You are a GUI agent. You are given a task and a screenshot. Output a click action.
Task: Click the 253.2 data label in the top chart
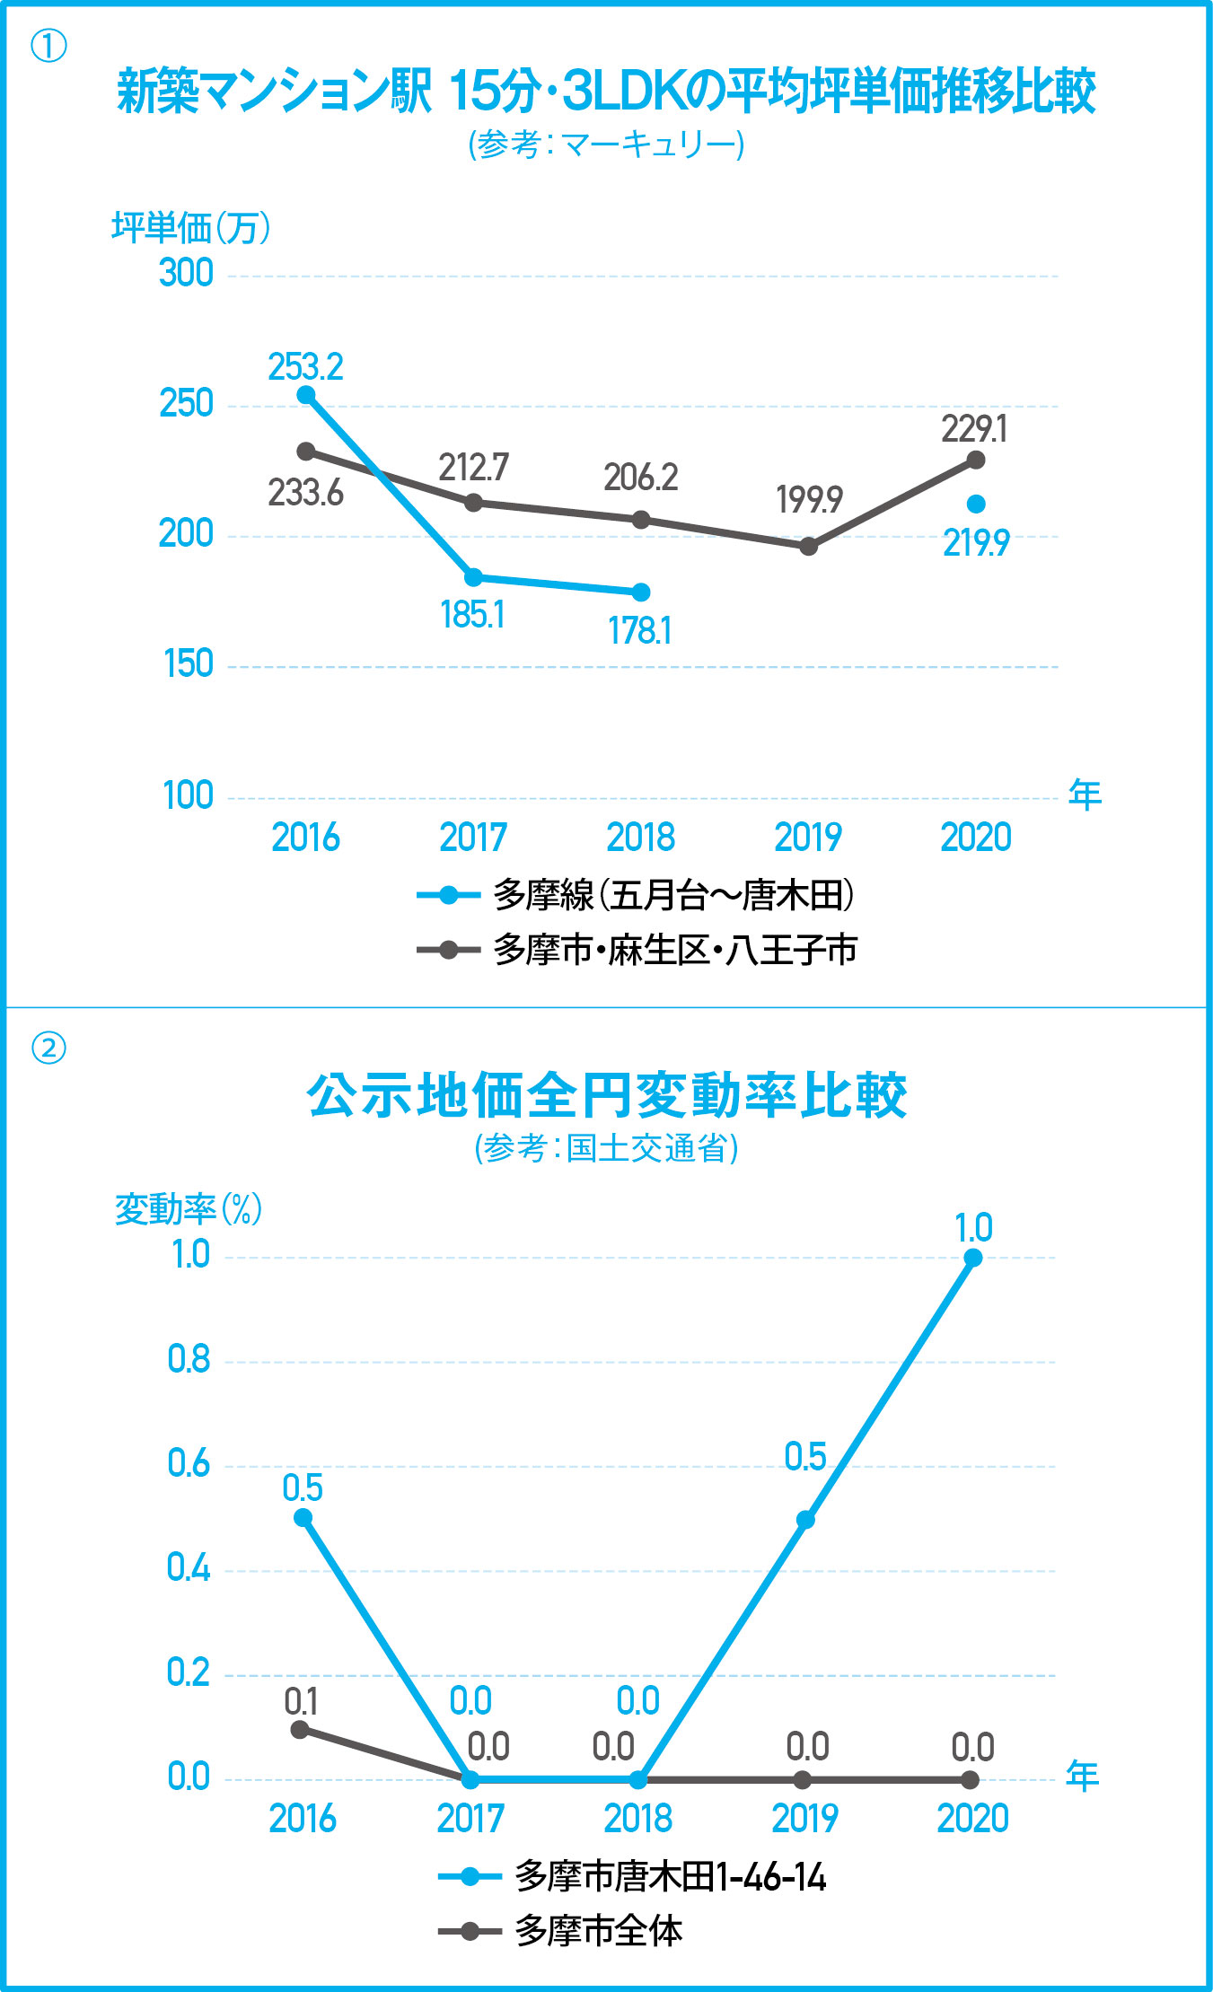coord(305,367)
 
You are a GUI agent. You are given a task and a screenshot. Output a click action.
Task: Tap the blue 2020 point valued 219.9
coord(976,505)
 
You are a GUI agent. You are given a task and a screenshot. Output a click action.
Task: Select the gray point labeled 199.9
coord(808,546)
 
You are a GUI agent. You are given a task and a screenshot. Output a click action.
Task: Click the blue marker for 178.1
coord(641,592)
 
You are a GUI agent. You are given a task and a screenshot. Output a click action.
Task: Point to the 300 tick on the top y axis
coord(187,273)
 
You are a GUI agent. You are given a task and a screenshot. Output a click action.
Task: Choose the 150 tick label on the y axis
coord(189,664)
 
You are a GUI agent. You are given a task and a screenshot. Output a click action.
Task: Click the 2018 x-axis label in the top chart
coord(640,838)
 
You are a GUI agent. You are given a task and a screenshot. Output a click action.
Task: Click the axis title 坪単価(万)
coord(190,228)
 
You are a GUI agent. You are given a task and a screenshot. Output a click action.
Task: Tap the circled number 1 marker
coord(48,46)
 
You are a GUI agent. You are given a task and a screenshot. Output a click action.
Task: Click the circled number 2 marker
coord(48,1048)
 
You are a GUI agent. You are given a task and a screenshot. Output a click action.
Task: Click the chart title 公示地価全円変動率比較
coord(606,1095)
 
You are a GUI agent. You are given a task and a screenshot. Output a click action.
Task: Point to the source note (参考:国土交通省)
coord(606,1148)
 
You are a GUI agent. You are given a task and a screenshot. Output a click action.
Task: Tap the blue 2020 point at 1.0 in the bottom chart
coord(972,1258)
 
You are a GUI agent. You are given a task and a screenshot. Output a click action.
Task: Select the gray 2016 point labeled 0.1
coord(301,1729)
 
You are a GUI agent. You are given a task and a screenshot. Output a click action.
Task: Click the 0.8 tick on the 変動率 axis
coord(189,1359)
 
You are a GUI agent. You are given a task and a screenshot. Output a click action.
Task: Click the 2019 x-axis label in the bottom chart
coord(804,1819)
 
